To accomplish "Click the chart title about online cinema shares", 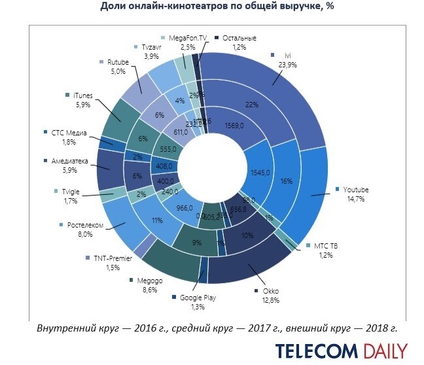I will coord(212,7).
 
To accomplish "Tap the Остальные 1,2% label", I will coord(238,43).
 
